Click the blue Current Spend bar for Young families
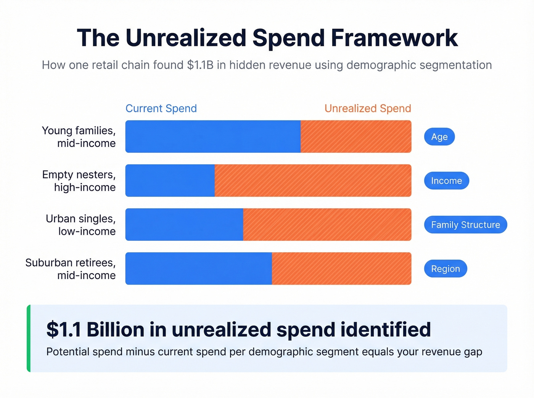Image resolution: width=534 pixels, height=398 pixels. pos(213,137)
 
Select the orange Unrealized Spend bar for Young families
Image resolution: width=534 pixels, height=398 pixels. pos(356,137)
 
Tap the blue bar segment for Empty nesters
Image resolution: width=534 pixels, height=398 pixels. pos(170,181)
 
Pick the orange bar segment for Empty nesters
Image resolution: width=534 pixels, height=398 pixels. pos(313,181)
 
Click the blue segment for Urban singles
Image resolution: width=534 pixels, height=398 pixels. pos(184,225)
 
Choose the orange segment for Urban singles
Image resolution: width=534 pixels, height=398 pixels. pos(327,225)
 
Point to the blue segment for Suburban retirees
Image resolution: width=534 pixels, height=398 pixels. pos(199,269)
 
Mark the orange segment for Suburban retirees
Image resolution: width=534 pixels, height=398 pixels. pos(341,269)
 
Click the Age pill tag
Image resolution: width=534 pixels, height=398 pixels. pos(439,137)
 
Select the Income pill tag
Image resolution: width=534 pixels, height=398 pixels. pos(446,181)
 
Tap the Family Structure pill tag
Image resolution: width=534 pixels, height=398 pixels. pos(465,225)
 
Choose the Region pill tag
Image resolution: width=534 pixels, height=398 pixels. pos(446,269)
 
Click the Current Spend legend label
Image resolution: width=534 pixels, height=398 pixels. pos(161,109)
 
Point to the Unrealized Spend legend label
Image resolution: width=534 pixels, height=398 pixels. pos(368,109)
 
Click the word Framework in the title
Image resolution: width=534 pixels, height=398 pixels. pos(394,38)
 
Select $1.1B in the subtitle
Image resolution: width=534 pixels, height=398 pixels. pos(200,65)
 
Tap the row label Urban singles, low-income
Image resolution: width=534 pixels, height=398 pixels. pos(80,225)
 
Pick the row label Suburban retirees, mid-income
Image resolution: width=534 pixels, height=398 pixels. pos(71,269)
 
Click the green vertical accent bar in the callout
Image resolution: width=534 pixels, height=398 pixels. pos(29,338)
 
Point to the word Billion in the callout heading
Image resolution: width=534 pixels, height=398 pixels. pos(115,329)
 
